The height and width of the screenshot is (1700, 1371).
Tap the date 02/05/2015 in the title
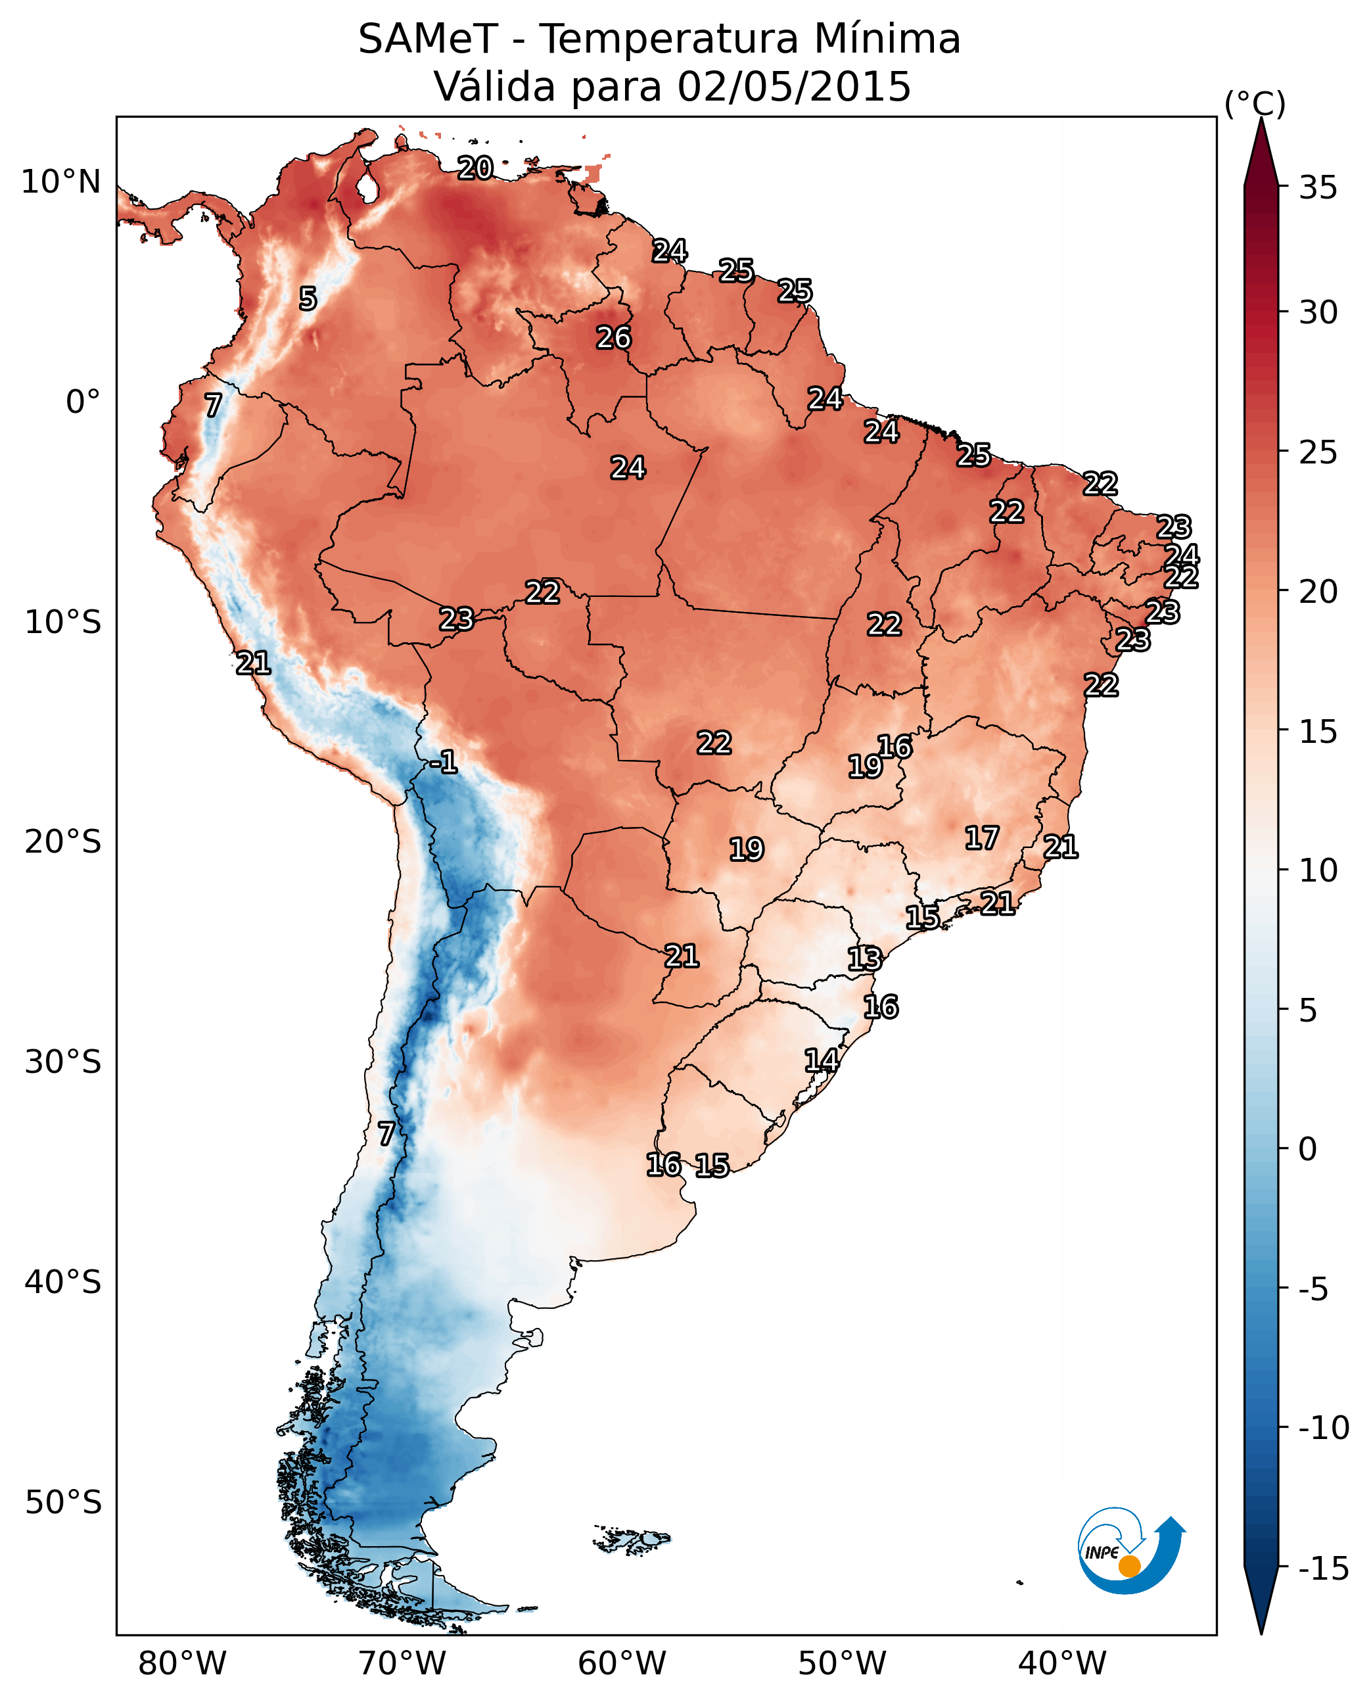[794, 86]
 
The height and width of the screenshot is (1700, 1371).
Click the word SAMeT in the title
[427, 39]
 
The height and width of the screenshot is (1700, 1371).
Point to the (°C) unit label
[1255, 103]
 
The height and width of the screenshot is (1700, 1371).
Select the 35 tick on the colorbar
[1318, 188]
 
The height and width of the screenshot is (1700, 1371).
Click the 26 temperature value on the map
[614, 337]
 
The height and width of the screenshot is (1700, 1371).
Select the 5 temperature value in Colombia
[308, 298]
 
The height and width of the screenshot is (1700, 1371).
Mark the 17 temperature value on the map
[983, 838]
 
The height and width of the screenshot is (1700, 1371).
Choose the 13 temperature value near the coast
[865, 959]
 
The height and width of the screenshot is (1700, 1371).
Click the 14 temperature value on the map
[822, 1060]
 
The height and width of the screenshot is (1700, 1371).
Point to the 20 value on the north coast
[475, 168]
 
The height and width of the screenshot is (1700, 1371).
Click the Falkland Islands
[632, 1540]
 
